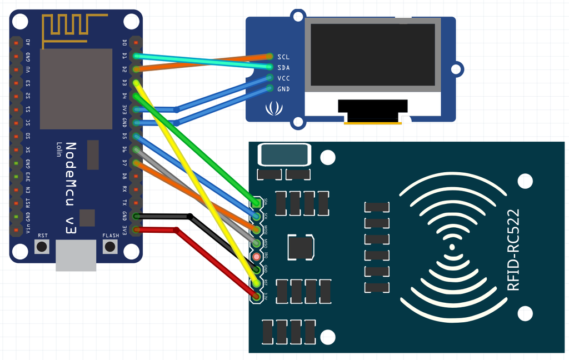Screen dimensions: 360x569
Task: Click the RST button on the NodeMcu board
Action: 42,246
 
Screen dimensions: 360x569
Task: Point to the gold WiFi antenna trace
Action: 65,28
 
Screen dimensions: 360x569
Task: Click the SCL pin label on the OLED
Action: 283,57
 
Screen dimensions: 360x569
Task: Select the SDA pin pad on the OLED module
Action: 270,67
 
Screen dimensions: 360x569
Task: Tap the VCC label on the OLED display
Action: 283,78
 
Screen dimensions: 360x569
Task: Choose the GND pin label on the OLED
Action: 283,89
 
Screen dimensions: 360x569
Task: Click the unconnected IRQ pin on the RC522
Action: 256,257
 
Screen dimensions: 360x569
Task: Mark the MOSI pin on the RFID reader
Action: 256,229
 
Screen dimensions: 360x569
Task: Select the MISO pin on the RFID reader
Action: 256,243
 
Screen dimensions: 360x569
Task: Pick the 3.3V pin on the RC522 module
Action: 256,297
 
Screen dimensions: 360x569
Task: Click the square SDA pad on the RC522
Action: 256,202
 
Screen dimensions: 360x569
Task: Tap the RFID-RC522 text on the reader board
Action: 513,250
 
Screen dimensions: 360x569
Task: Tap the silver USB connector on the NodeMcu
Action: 76,257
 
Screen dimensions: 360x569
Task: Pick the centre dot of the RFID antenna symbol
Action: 452,247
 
